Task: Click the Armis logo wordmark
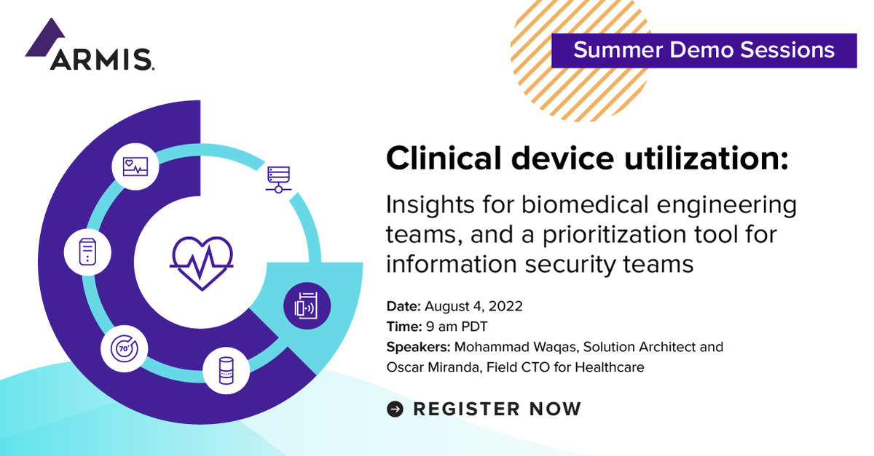pyautogui.click(x=101, y=59)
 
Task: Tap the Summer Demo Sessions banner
pyautogui.click(x=703, y=50)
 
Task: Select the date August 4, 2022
pyautogui.click(x=473, y=306)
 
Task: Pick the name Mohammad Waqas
pyautogui.click(x=501, y=347)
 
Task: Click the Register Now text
pyautogui.click(x=497, y=409)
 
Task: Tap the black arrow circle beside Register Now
pyautogui.click(x=395, y=409)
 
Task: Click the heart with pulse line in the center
pyautogui.click(x=201, y=262)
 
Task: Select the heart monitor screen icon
pyautogui.click(x=135, y=167)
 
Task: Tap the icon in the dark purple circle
pyautogui.click(x=307, y=305)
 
